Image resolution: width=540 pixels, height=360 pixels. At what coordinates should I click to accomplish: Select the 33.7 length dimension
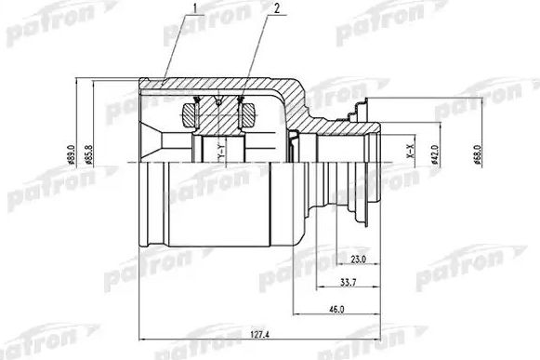coord(347,282)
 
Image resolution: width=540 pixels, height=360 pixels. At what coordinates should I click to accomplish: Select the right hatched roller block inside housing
coord(248,116)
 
